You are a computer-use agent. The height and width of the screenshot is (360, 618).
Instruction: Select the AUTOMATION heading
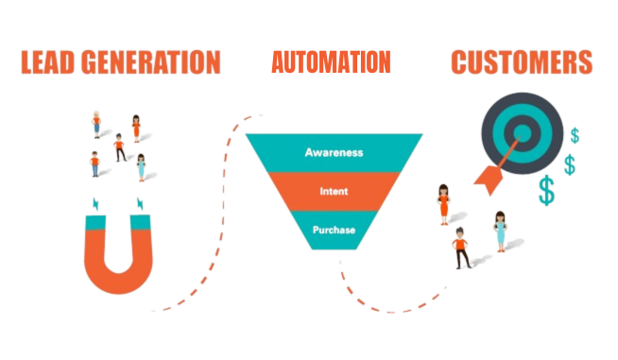pyautogui.click(x=331, y=62)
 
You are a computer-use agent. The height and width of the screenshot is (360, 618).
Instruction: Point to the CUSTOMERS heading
pyautogui.click(x=522, y=62)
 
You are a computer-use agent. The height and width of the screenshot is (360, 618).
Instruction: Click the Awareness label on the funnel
pyautogui.click(x=334, y=151)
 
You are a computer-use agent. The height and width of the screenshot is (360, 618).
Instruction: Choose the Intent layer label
pyautogui.click(x=334, y=192)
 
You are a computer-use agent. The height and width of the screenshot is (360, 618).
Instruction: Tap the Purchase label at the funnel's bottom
pyautogui.click(x=334, y=230)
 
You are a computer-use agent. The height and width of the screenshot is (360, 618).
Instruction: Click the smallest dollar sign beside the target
pyautogui.click(x=575, y=135)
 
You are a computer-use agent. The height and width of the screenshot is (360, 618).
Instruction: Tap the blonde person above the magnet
pyautogui.click(x=96, y=124)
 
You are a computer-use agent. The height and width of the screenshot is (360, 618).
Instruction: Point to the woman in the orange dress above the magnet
pyautogui.click(x=137, y=127)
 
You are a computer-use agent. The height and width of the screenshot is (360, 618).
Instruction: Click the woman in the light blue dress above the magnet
pyautogui.click(x=141, y=166)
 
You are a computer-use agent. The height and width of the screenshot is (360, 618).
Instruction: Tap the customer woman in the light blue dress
pyautogui.click(x=500, y=230)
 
